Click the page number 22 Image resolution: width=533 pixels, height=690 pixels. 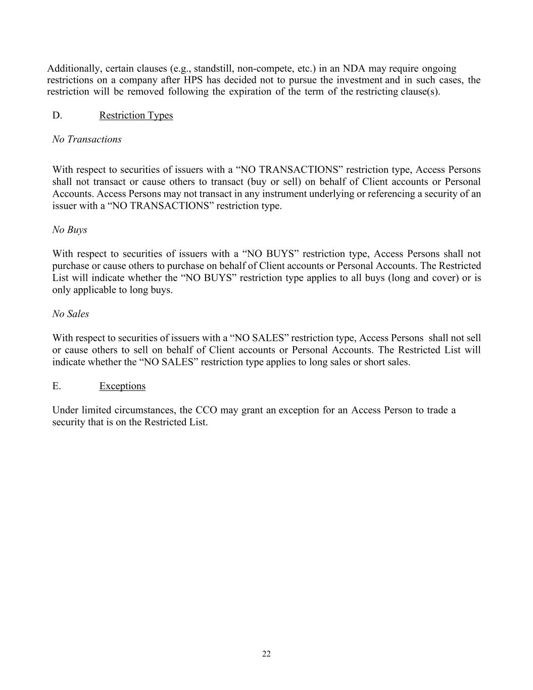click(x=266, y=654)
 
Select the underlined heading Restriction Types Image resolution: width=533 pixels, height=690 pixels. click(x=136, y=115)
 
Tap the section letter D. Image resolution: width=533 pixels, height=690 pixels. click(x=57, y=115)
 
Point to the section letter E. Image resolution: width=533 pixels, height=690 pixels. click(x=57, y=386)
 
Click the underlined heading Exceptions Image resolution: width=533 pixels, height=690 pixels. click(x=122, y=386)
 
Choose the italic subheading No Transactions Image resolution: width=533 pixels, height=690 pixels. click(x=87, y=139)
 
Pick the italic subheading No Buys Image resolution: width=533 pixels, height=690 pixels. click(x=70, y=229)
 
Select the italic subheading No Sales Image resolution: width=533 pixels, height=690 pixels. click(x=71, y=313)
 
